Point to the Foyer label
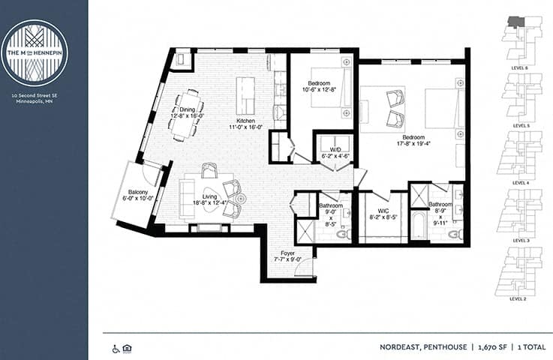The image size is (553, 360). click(x=287, y=253)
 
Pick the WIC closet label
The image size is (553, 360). click(x=382, y=212)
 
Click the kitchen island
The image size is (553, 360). click(x=245, y=94)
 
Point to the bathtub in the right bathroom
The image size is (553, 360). click(x=418, y=225)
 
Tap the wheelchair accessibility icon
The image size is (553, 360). click(x=116, y=348)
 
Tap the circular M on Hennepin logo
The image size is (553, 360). click(x=35, y=52)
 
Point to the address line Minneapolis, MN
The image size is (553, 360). click(x=35, y=103)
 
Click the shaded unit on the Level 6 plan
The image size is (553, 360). click(x=515, y=22)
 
